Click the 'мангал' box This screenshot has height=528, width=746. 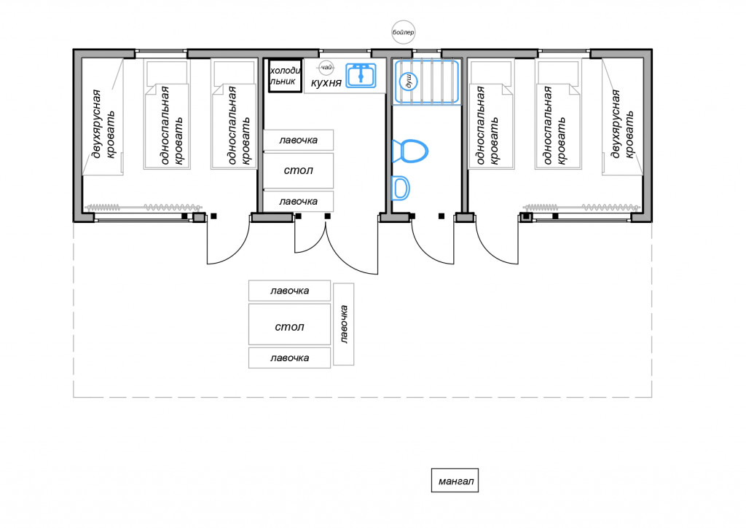[455, 481]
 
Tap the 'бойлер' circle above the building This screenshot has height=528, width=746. [403, 33]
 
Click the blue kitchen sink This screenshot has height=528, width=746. [361, 75]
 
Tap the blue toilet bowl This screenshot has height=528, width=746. [409, 151]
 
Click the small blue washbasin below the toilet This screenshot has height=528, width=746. [400, 187]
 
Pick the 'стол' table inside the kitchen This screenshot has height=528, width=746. [298, 170]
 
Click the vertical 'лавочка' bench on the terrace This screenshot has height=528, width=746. [344, 324]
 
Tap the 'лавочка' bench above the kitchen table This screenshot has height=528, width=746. [298, 140]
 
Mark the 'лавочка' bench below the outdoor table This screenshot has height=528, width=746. [289, 358]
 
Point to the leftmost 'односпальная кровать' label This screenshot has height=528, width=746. [172, 125]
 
